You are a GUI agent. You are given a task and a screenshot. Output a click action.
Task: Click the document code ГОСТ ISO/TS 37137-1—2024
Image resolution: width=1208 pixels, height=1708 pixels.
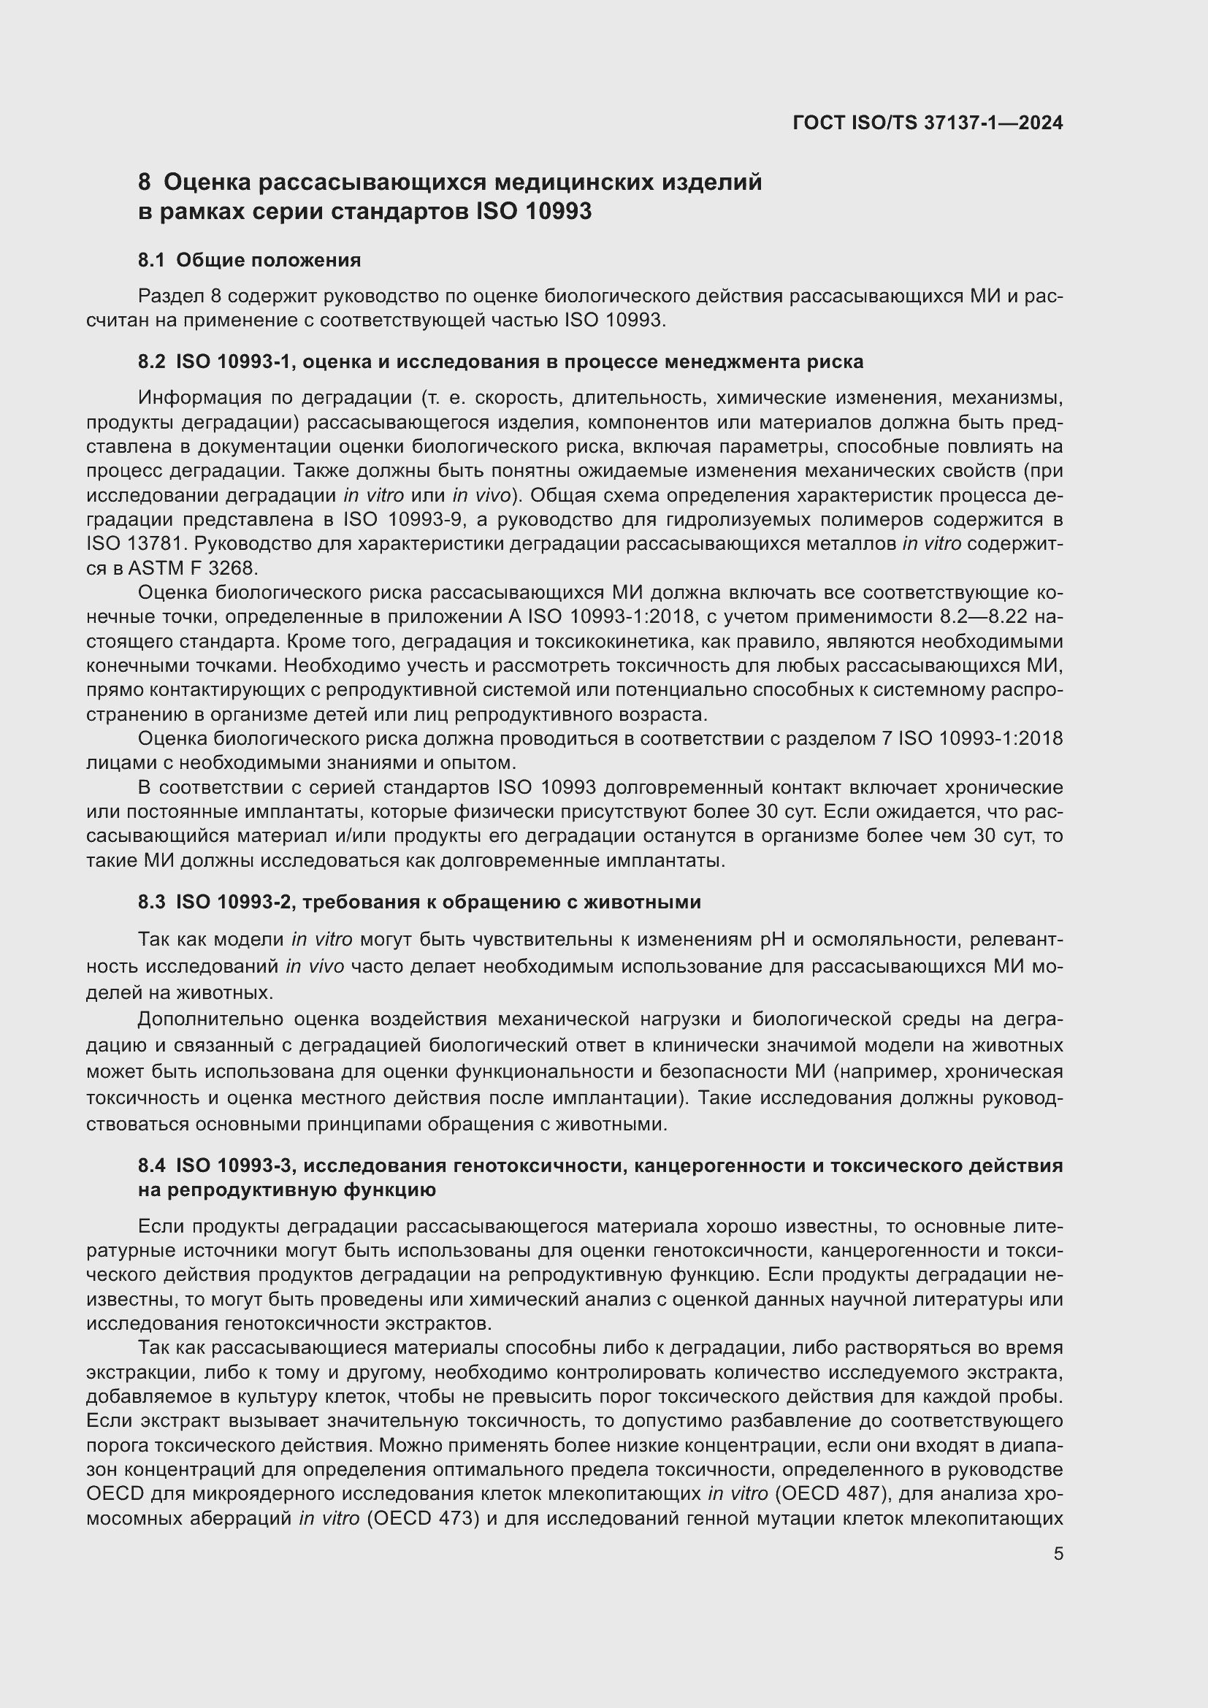click(x=928, y=123)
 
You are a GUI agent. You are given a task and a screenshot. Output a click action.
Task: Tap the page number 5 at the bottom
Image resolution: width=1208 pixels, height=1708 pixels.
click(x=1058, y=1553)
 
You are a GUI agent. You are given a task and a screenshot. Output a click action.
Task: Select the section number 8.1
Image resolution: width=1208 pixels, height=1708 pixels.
click(x=152, y=261)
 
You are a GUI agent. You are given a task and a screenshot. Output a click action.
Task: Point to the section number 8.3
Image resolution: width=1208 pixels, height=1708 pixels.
click(x=152, y=903)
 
